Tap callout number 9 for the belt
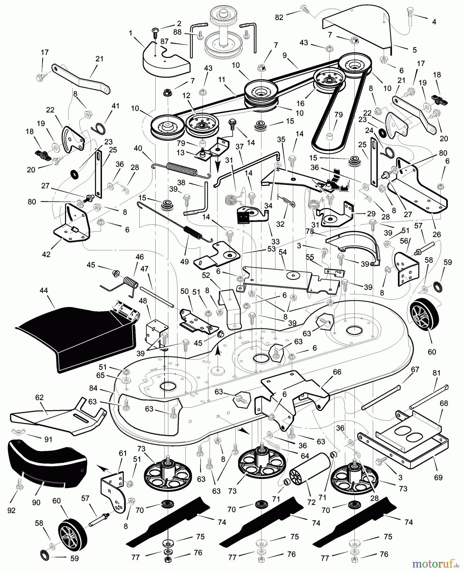[285, 55]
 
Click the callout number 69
[438, 478]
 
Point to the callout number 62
[39, 398]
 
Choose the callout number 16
[300, 103]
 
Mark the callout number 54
[282, 252]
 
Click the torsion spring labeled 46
[130, 283]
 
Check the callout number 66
[337, 371]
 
